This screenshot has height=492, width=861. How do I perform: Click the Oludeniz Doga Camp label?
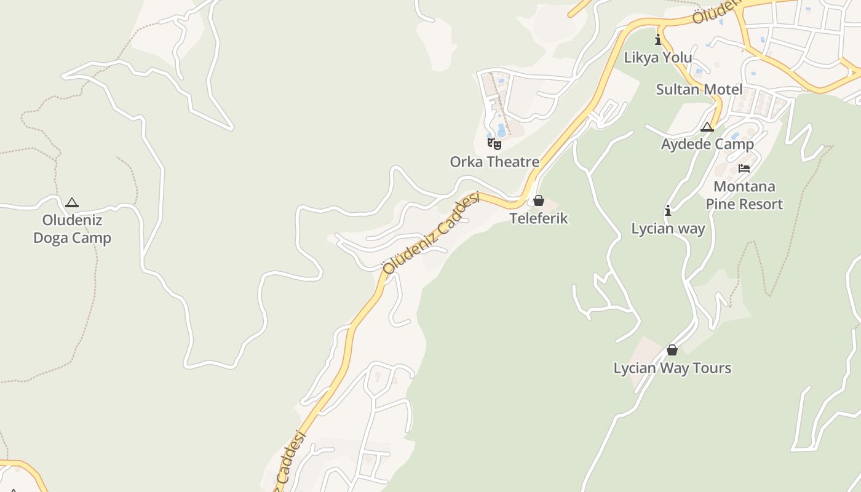(x=72, y=229)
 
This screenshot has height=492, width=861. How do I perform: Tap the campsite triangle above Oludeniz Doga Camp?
(x=72, y=202)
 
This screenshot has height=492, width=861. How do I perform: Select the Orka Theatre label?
(x=494, y=162)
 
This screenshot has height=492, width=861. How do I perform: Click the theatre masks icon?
(x=494, y=144)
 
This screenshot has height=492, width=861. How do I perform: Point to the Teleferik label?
(x=539, y=218)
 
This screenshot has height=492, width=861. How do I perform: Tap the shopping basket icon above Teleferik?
(x=539, y=200)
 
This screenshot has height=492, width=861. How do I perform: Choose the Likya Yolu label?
(x=658, y=58)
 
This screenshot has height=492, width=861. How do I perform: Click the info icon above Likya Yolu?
(x=658, y=40)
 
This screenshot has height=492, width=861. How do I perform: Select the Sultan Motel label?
(x=699, y=89)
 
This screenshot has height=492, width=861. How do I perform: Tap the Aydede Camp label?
(x=707, y=144)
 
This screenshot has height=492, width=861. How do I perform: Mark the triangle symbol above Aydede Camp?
(x=707, y=127)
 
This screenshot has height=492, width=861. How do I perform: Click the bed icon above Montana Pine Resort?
(x=744, y=168)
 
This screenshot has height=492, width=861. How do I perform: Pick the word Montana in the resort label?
(x=744, y=186)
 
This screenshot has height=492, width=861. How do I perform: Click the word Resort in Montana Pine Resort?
(x=763, y=204)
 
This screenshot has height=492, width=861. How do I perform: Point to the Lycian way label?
(x=669, y=228)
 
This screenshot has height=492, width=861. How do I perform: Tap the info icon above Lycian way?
(x=668, y=210)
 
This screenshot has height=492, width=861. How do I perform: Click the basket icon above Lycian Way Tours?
(x=672, y=350)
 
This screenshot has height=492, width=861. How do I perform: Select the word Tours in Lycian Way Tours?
(x=712, y=368)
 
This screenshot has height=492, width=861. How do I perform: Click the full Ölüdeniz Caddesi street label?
(x=430, y=233)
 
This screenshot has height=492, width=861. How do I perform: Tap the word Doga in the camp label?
(x=50, y=238)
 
